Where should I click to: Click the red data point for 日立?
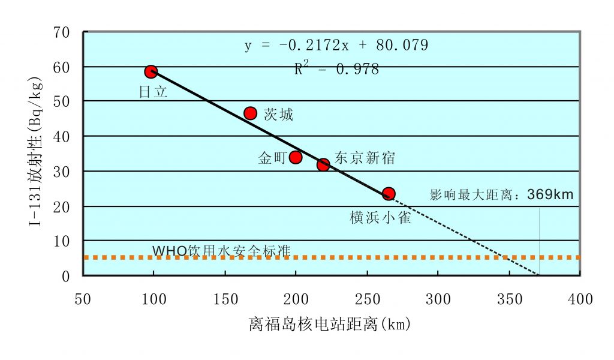coord(151,72)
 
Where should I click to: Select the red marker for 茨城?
coord(251,113)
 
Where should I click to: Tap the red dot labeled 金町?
coord(296,157)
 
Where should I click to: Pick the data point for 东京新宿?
coord(323,164)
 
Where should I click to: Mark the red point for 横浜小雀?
coord(389,193)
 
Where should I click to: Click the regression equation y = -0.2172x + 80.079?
coord(336,46)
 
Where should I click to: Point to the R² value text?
coord(336,69)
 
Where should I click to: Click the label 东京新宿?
coord(365,158)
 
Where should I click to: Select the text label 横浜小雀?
coord(380,218)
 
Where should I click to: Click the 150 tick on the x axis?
coord(224,299)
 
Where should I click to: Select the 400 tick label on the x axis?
coord(579,299)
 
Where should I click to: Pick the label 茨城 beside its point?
coord(279,115)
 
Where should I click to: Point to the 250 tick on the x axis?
coord(366,299)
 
